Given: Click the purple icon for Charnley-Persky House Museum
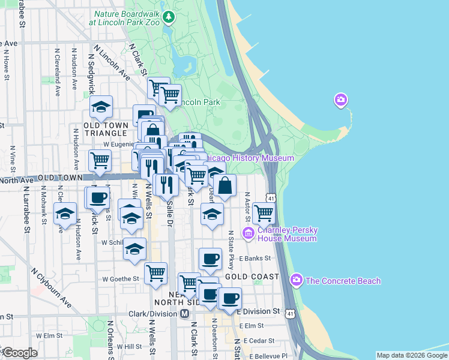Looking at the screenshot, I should coord(247,233).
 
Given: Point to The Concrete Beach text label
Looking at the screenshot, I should coord(343,281).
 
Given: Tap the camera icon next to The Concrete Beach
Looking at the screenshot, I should coord(296,280).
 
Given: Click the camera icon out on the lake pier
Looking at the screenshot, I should coord(341,100).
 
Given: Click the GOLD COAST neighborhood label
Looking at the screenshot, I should coord(252,277).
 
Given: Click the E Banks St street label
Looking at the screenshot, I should coord(255,258).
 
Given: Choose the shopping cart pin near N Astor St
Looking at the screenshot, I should coord(264,212).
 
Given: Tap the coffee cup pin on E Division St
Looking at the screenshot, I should coord(230,298).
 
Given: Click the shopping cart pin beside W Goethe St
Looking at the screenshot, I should coord(155,272).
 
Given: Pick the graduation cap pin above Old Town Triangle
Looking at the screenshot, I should coord(101,107).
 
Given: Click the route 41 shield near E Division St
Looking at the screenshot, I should coord(291,313).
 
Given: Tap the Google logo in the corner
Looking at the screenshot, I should coord(20,353).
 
